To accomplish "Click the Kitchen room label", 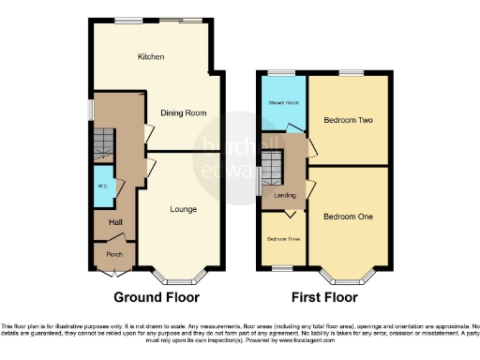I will click(151, 57).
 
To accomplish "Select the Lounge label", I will click(183, 208).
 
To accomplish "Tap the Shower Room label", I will click(282, 102).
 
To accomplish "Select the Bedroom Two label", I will click(348, 121).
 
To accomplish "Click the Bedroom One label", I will click(348, 217).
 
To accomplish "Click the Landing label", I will click(285, 195).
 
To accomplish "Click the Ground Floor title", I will click(157, 298).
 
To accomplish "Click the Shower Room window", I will click(281, 73).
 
